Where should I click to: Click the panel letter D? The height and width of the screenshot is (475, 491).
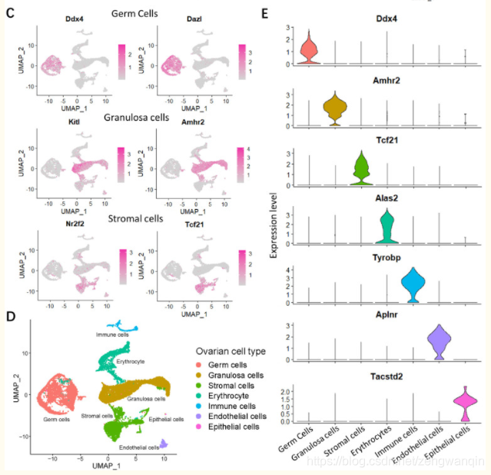tap(9, 315)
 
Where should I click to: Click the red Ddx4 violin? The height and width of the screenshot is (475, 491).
tap(309, 49)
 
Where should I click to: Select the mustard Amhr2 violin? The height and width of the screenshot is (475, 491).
tap(334, 110)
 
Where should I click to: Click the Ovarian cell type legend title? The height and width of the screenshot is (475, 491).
tap(229, 350)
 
